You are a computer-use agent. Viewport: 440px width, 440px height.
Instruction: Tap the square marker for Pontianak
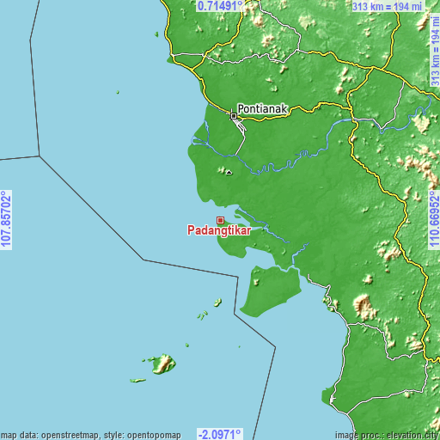pyautogui.click(x=234, y=115)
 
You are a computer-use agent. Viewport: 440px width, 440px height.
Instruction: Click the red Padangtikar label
pyautogui.click(x=218, y=230)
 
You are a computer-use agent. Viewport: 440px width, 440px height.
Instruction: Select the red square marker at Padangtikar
pyautogui.click(x=220, y=220)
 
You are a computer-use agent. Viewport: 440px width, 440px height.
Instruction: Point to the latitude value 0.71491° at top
pyautogui.click(x=220, y=6)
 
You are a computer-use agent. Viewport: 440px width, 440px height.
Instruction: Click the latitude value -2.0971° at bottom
pyautogui.click(x=220, y=434)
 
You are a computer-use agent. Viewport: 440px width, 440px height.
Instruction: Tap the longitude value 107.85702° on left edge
pyautogui.click(x=7, y=220)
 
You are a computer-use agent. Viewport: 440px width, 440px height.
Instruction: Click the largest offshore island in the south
pyautogui.click(x=162, y=364)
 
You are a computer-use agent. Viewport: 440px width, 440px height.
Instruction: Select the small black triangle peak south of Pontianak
pyautogui.click(x=229, y=172)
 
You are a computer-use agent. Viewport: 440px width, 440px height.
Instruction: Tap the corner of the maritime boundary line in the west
pyautogui.click(x=40, y=156)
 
